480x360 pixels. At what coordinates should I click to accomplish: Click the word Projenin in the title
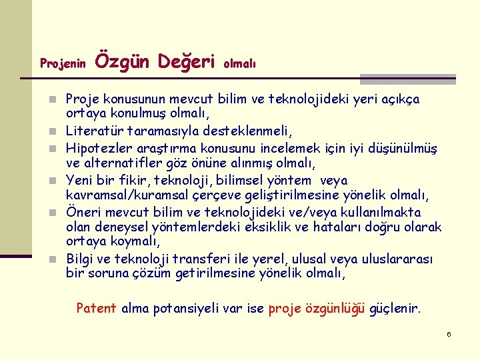coord(63,64)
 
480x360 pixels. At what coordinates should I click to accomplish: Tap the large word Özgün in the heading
coord(123,61)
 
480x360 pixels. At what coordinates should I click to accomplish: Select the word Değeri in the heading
coord(186,61)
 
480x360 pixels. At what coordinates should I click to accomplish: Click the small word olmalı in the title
coord(239,64)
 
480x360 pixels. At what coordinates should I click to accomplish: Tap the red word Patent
coord(96,308)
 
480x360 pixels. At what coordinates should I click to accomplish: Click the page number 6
coord(449,334)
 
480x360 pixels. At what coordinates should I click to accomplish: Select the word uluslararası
coord(395,259)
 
